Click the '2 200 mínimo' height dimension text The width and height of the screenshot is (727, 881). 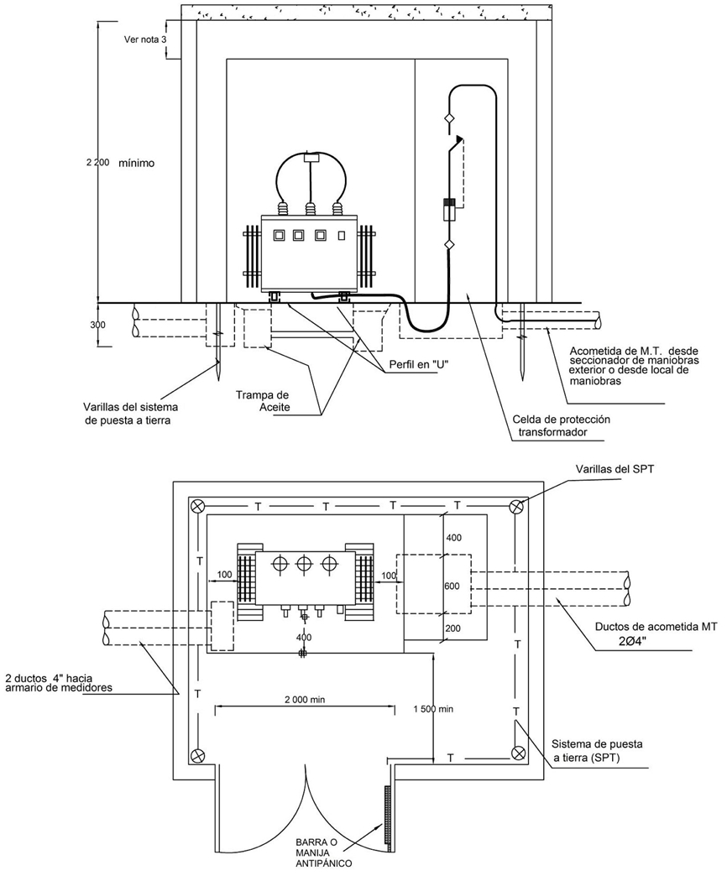click(120, 164)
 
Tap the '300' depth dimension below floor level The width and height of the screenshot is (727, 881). click(98, 325)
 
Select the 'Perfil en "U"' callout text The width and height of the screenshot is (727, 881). click(413, 364)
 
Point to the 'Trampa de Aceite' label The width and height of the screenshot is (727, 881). click(269, 401)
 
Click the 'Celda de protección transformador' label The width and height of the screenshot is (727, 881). click(561, 425)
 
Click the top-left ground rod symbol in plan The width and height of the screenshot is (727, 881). click(196, 505)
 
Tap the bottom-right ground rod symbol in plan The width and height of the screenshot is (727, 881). click(517, 753)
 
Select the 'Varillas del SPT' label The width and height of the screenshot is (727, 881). click(615, 468)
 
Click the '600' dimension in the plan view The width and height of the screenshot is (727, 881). click(452, 586)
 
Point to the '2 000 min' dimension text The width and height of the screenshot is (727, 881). click(306, 700)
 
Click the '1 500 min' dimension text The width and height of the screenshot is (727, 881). click(433, 709)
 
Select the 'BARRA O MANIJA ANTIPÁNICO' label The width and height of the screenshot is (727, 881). click(323, 854)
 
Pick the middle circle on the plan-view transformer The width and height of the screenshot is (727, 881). click(304, 564)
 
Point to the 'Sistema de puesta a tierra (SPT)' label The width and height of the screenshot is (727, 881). click(597, 749)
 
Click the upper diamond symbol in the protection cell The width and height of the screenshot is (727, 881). click(448, 119)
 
